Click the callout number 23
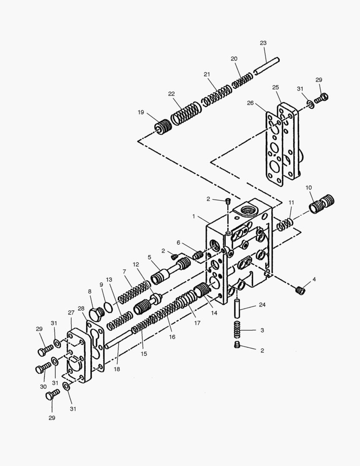pyautogui.click(x=263, y=43)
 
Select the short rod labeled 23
pyautogui.click(x=267, y=65)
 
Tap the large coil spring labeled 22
pyautogui.click(x=186, y=113)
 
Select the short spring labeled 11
pyautogui.click(x=285, y=224)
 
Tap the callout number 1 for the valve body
pyautogui.click(x=194, y=215)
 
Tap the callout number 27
pyautogui.click(x=71, y=313)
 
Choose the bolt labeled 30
pyautogui.click(x=43, y=368)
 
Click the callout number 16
pyautogui.click(x=172, y=337)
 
